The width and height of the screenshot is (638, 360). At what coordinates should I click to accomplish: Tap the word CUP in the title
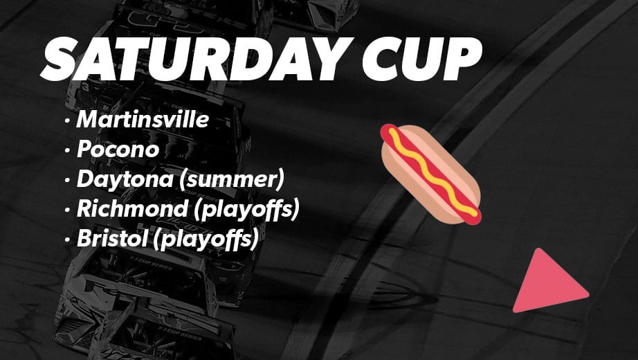coord(422,60)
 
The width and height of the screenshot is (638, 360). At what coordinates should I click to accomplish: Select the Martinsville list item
coord(143,119)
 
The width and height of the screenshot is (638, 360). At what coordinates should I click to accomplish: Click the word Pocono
coord(118,149)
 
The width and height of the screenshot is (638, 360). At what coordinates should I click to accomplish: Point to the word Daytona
coord(125,179)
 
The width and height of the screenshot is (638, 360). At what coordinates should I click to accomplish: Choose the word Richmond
coord(132,208)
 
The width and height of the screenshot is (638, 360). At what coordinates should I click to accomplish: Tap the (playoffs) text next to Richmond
coord(246,209)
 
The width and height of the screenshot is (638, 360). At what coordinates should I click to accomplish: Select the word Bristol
coord(112,238)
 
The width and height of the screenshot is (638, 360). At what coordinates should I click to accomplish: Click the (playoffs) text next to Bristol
coord(206,240)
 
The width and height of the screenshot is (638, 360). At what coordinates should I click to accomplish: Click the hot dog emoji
coord(430,174)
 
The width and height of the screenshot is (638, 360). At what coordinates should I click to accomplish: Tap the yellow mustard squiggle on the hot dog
coord(432,172)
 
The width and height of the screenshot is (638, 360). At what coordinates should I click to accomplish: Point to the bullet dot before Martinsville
coord(67,120)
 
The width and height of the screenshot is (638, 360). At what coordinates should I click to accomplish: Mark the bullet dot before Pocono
coord(67,150)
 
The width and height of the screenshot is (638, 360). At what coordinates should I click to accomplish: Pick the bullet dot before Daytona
coord(67,180)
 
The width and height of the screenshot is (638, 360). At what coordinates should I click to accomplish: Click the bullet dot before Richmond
coord(67,210)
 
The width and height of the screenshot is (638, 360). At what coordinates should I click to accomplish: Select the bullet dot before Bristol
coord(67,240)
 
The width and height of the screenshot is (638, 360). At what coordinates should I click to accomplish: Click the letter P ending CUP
coord(462,60)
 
